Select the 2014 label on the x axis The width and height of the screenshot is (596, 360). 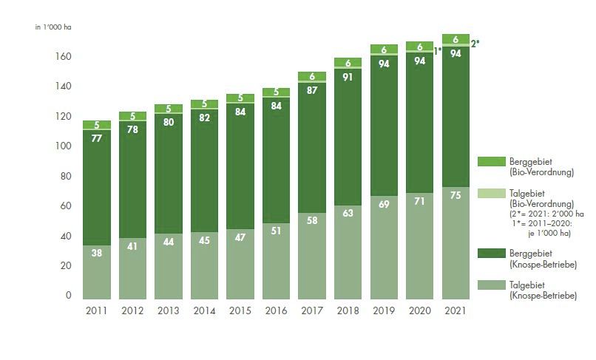pos(205,311)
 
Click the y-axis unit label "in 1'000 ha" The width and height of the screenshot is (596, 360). pos(53,27)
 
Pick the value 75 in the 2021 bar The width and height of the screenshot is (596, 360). pos(456,195)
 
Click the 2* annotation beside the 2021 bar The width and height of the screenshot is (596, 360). pos(475,44)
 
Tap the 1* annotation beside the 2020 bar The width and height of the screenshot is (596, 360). pos(438,51)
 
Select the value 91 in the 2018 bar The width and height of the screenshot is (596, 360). pos(348,76)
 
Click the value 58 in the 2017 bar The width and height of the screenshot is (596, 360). pos(311,220)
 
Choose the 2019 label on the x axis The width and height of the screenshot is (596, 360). pos(384,311)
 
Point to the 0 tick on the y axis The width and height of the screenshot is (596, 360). pos(68,296)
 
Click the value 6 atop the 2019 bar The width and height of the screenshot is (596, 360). pos(384,50)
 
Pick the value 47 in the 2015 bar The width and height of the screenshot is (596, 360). pos(240,237)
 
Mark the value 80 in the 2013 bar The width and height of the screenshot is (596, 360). pos(169,123)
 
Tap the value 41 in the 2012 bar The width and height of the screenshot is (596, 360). pos(132,244)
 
